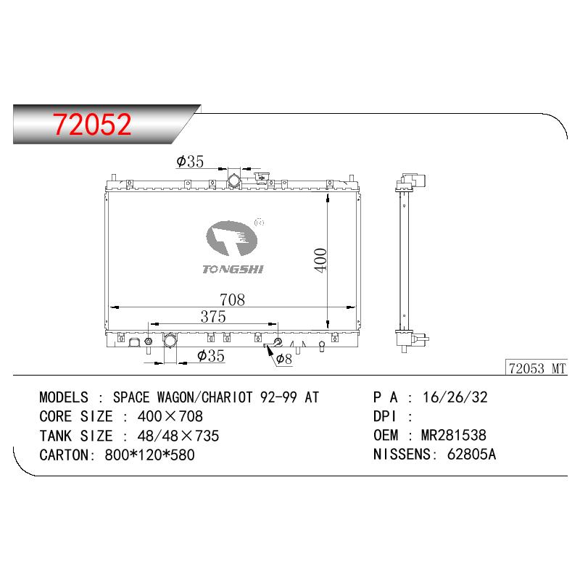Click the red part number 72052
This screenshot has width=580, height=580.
[x=92, y=124]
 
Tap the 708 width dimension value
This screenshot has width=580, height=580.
[x=232, y=299]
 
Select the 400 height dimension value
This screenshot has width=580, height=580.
[x=320, y=260]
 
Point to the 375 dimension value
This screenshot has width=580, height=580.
[x=213, y=317]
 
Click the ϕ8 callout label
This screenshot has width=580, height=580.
[x=283, y=358]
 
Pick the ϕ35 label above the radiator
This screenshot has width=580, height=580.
[x=190, y=161]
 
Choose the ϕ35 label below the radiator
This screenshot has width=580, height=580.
[x=211, y=355]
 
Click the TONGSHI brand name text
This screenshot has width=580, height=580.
[x=233, y=269]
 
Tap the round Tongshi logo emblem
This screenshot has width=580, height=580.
[x=231, y=239]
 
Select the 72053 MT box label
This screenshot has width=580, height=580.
[x=536, y=368]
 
